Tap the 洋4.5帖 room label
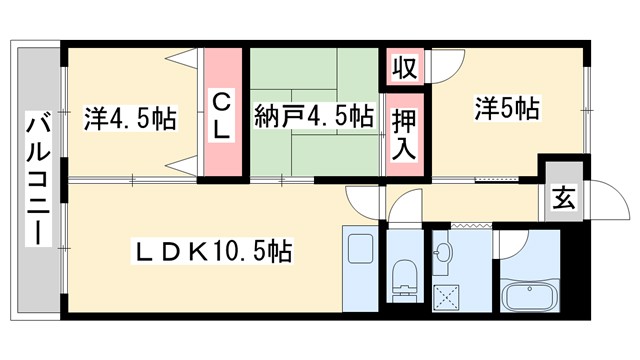(x=130, y=119)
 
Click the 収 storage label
(x=404, y=69)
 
